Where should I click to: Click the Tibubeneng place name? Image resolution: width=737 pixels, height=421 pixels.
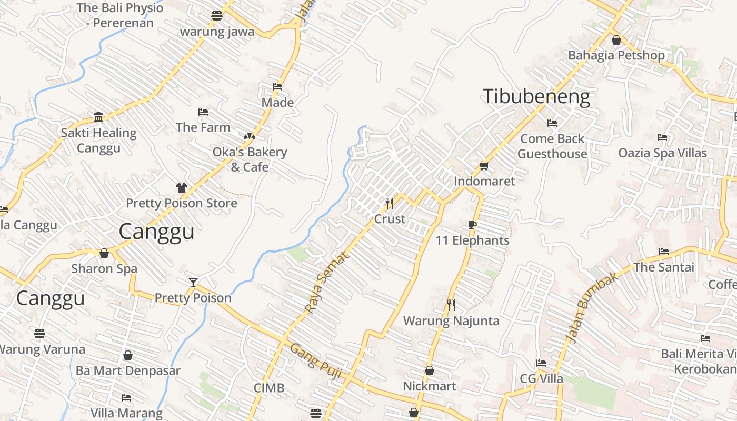[x=536, y=97]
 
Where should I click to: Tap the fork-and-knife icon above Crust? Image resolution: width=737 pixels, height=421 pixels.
[x=390, y=203]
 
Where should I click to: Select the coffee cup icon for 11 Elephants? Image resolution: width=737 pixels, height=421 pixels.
[x=472, y=225]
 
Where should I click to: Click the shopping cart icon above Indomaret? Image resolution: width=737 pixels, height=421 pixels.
[x=484, y=166]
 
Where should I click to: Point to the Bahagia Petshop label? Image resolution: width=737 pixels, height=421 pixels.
[x=616, y=55]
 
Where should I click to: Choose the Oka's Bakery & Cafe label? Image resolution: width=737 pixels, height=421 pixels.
[x=250, y=159]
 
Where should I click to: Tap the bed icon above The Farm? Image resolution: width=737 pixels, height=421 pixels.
[x=203, y=112]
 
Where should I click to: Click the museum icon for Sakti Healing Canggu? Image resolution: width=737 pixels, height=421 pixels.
[x=98, y=117]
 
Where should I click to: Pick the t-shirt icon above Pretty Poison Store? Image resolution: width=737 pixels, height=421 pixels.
[x=182, y=188]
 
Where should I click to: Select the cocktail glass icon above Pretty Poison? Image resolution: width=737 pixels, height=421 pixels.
[x=193, y=283]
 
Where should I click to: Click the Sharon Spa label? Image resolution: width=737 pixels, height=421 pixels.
[x=104, y=268]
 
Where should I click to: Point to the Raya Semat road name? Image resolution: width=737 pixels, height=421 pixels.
[x=327, y=283]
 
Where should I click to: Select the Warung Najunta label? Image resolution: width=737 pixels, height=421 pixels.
[x=451, y=320]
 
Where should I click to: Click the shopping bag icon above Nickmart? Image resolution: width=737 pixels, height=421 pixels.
[x=430, y=371]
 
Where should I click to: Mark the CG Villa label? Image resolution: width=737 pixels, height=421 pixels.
[x=541, y=378]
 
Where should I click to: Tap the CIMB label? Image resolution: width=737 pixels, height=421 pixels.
[x=269, y=388]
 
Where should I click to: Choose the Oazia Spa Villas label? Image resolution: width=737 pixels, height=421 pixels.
[x=662, y=153]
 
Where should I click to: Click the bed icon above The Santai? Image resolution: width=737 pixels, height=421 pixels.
[x=664, y=252]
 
